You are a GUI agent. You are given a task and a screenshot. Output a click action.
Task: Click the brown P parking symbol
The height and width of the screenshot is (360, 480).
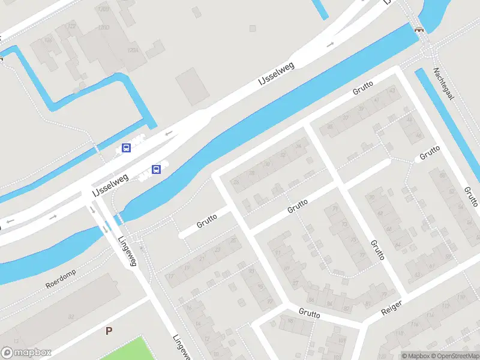[109, 331]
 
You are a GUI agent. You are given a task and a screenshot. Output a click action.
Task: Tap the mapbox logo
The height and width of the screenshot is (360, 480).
[26, 353]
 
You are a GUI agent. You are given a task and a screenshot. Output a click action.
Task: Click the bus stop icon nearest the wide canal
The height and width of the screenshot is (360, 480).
[157, 170]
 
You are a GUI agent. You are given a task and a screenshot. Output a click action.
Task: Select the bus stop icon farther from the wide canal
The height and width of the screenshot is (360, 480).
[126, 148]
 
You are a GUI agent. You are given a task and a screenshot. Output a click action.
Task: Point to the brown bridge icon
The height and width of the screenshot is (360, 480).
[419, 28]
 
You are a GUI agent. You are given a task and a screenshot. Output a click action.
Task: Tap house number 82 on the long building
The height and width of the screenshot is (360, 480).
[71, 316]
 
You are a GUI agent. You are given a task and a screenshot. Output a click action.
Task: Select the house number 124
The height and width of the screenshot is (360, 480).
[48, 40]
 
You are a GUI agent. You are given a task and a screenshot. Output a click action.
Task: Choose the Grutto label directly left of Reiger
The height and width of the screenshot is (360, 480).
[310, 314]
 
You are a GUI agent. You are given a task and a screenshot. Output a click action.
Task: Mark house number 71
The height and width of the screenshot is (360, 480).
[335, 209]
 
